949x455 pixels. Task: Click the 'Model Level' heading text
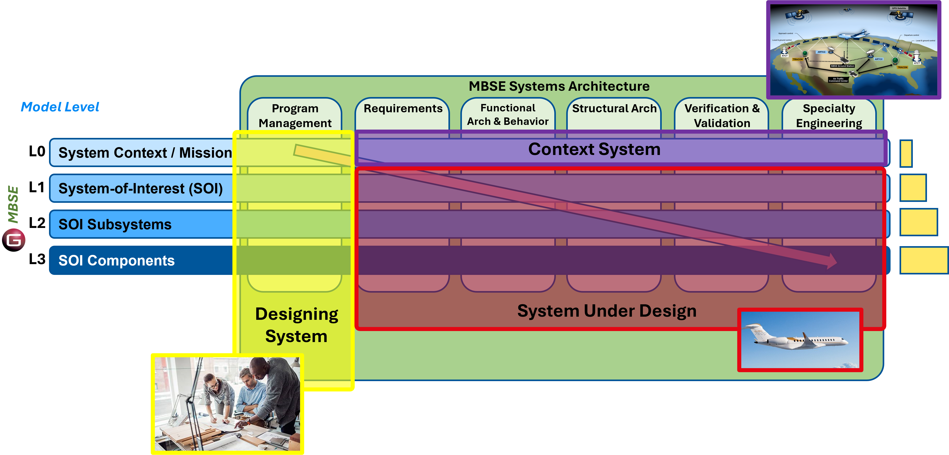[60, 107]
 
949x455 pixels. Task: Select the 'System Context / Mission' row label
[145, 153]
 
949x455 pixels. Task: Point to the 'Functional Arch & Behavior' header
[508, 115]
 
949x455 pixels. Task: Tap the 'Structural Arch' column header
[614, 109]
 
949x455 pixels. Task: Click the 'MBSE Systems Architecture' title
[559, 86]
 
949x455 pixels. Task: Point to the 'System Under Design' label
[607, 311]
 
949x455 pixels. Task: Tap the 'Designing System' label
[296, 325]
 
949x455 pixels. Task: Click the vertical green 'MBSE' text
[13, 205]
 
